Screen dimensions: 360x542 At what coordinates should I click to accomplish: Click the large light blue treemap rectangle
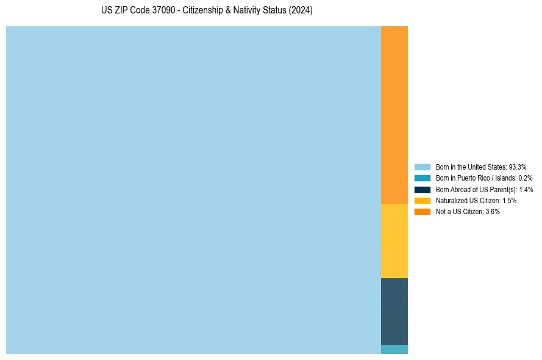[193, 190]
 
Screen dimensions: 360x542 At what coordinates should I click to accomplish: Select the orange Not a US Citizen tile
[394, 115]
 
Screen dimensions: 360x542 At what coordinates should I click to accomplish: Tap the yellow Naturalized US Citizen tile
[394, 240]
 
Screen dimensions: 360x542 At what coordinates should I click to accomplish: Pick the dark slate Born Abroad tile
[394, 311]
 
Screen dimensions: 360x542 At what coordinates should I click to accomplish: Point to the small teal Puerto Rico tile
[394, 350]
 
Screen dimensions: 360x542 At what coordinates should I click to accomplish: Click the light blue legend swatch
[422, 167]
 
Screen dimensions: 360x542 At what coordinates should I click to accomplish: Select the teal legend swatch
[422, 178]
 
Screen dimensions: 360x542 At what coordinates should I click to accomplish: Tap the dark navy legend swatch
[422, 189]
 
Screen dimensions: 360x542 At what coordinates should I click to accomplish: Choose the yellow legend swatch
[422, 200]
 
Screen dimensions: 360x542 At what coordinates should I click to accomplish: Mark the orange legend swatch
[422, 212]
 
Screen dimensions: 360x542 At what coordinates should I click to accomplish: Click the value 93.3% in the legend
[518, 167]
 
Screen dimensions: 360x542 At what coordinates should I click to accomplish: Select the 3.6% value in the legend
[493, 212]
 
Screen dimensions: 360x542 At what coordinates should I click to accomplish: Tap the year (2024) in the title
[301, 11]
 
